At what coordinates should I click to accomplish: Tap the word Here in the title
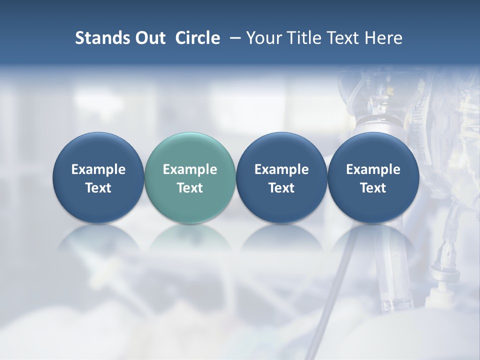(x=383, y=38)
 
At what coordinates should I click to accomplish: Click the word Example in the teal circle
(x=190, y=169)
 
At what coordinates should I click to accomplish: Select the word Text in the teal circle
(x=190, y=188)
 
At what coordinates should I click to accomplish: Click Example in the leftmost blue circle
(x=98, y=169)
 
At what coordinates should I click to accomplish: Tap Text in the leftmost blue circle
(x=98, y=188)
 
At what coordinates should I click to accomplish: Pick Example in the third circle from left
(x=281, y=169)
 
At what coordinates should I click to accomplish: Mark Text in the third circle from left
(x=281, y=188)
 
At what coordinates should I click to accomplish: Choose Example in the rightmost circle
(x=373, y=169)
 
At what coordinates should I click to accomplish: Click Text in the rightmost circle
(x=373, y=188)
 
